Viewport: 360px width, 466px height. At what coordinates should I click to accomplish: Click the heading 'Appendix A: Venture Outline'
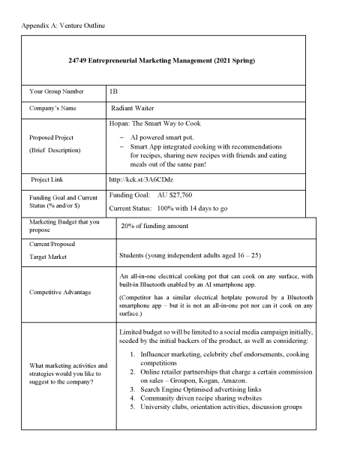pyautogui.click(x=55, y=26)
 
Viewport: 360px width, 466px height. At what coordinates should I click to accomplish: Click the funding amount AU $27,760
pyautogui.click(x=182, y=194)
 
